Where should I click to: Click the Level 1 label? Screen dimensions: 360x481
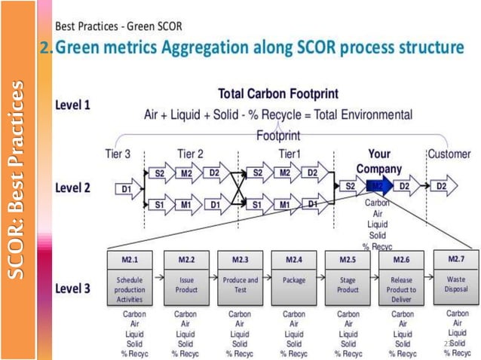[72, 106]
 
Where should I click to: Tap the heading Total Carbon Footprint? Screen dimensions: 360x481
[277, 95]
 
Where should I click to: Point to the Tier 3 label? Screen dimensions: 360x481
[118, 154]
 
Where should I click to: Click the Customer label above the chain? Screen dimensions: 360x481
[449, 154]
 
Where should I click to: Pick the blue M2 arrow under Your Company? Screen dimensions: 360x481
[378, 185]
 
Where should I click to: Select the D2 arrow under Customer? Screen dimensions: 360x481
[443, 185]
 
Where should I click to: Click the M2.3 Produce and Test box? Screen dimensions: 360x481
[240, 278]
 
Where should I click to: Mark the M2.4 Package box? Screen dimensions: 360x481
[294, 278]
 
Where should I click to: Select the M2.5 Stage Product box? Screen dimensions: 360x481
[348, 278]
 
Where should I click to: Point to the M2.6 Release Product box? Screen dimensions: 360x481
[402, 278]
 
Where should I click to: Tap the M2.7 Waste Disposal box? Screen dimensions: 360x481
[456, 278]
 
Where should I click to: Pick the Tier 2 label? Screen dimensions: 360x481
[191, 154]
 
